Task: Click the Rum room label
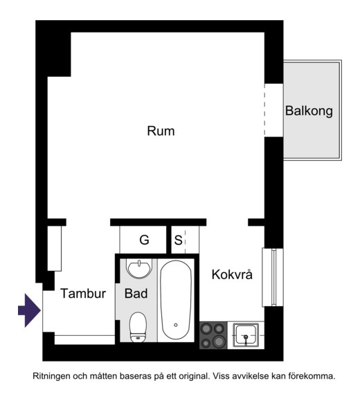pos(161,131)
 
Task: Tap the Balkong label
pos(309,112)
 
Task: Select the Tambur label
pos(83,294)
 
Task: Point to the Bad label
pos(136,294)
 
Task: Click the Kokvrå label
pos(232,274)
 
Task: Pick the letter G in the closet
pos(144,240)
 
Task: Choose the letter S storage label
pos(178,240)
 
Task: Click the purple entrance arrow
pos(29,310)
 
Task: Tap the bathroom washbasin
pos(139,269)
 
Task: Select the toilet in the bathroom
pos(138,327)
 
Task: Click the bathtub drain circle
pos(176,325)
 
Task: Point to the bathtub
pos(176,300)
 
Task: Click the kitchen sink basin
pos(246,335)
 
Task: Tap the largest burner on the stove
pos(219,341)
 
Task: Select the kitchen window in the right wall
pos(273,277)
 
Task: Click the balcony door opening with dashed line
pos(274,110)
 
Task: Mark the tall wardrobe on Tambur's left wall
pos(55,249)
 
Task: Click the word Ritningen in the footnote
pos(51,376)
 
